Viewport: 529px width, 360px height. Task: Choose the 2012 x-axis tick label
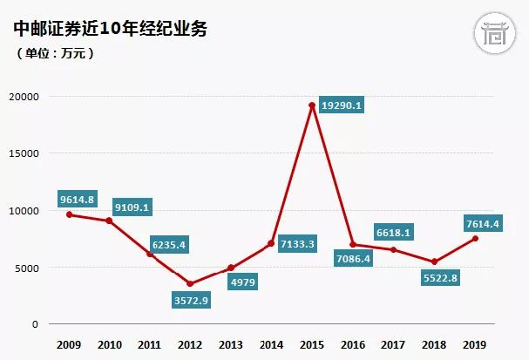pos(190,345)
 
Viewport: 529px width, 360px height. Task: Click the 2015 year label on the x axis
pos(311,345)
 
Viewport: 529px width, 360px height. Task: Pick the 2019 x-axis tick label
pos(474,345)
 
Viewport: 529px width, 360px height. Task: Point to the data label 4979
pos(240,282)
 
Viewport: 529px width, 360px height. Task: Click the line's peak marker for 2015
pos(311,105)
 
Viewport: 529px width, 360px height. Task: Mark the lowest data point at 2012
pos(190,283)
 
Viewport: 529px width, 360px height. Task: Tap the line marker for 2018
pos(434,262)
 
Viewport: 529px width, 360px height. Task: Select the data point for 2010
pos(109,221)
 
